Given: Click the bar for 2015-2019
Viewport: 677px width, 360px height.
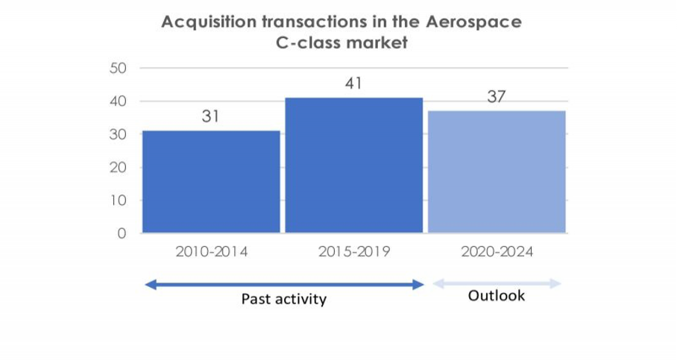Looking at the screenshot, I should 353,165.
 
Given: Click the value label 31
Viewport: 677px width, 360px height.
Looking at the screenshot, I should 210,117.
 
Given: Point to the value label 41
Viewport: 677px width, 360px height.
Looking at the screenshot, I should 353,83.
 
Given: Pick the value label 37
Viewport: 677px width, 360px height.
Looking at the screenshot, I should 497,97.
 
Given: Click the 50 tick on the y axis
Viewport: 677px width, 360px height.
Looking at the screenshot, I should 119,68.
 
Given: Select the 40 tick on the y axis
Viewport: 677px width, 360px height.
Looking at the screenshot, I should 119,101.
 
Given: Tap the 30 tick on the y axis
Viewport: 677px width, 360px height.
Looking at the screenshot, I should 119,134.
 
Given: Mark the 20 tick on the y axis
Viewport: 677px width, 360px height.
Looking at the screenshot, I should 119,168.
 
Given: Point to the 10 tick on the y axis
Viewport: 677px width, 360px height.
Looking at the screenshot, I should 119,200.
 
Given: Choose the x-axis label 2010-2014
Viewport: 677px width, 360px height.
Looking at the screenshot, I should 211,252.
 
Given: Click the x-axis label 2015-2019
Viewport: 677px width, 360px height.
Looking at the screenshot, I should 353,252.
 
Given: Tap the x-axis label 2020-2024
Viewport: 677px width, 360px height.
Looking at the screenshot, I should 497,252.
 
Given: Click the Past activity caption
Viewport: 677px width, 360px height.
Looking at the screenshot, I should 284,300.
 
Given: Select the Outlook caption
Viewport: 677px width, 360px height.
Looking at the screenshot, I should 497,296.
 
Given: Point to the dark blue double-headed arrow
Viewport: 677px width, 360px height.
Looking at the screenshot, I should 284,284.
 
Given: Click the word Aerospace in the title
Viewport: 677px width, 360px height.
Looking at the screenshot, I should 473,22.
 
